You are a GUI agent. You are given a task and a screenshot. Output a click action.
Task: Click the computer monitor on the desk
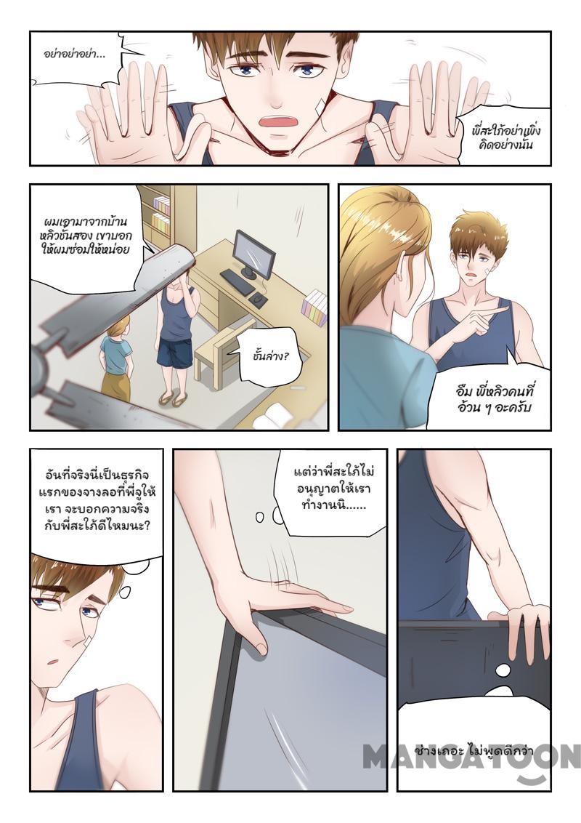click(x=254, y=254)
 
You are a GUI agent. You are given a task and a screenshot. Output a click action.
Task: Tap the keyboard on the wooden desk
click(x=237, y=282)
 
